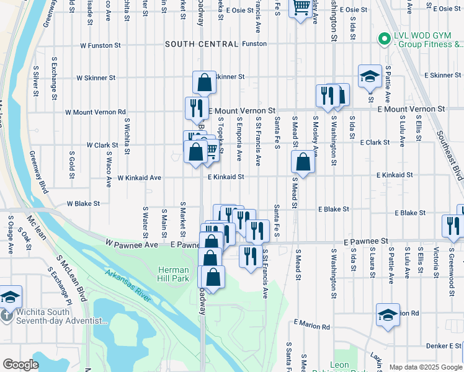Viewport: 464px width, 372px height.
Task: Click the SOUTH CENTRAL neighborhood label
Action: pos(202,44)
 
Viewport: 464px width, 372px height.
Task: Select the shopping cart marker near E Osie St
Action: pos(301,8)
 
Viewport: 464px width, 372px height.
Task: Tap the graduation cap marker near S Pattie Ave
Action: pos(370,76)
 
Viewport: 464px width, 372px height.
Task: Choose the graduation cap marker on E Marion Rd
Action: pos(388,314)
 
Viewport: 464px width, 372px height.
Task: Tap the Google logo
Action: pos(20,365)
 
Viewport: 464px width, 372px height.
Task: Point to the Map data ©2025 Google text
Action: pos(426,366)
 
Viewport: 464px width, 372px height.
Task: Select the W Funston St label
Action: pos(101,45)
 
